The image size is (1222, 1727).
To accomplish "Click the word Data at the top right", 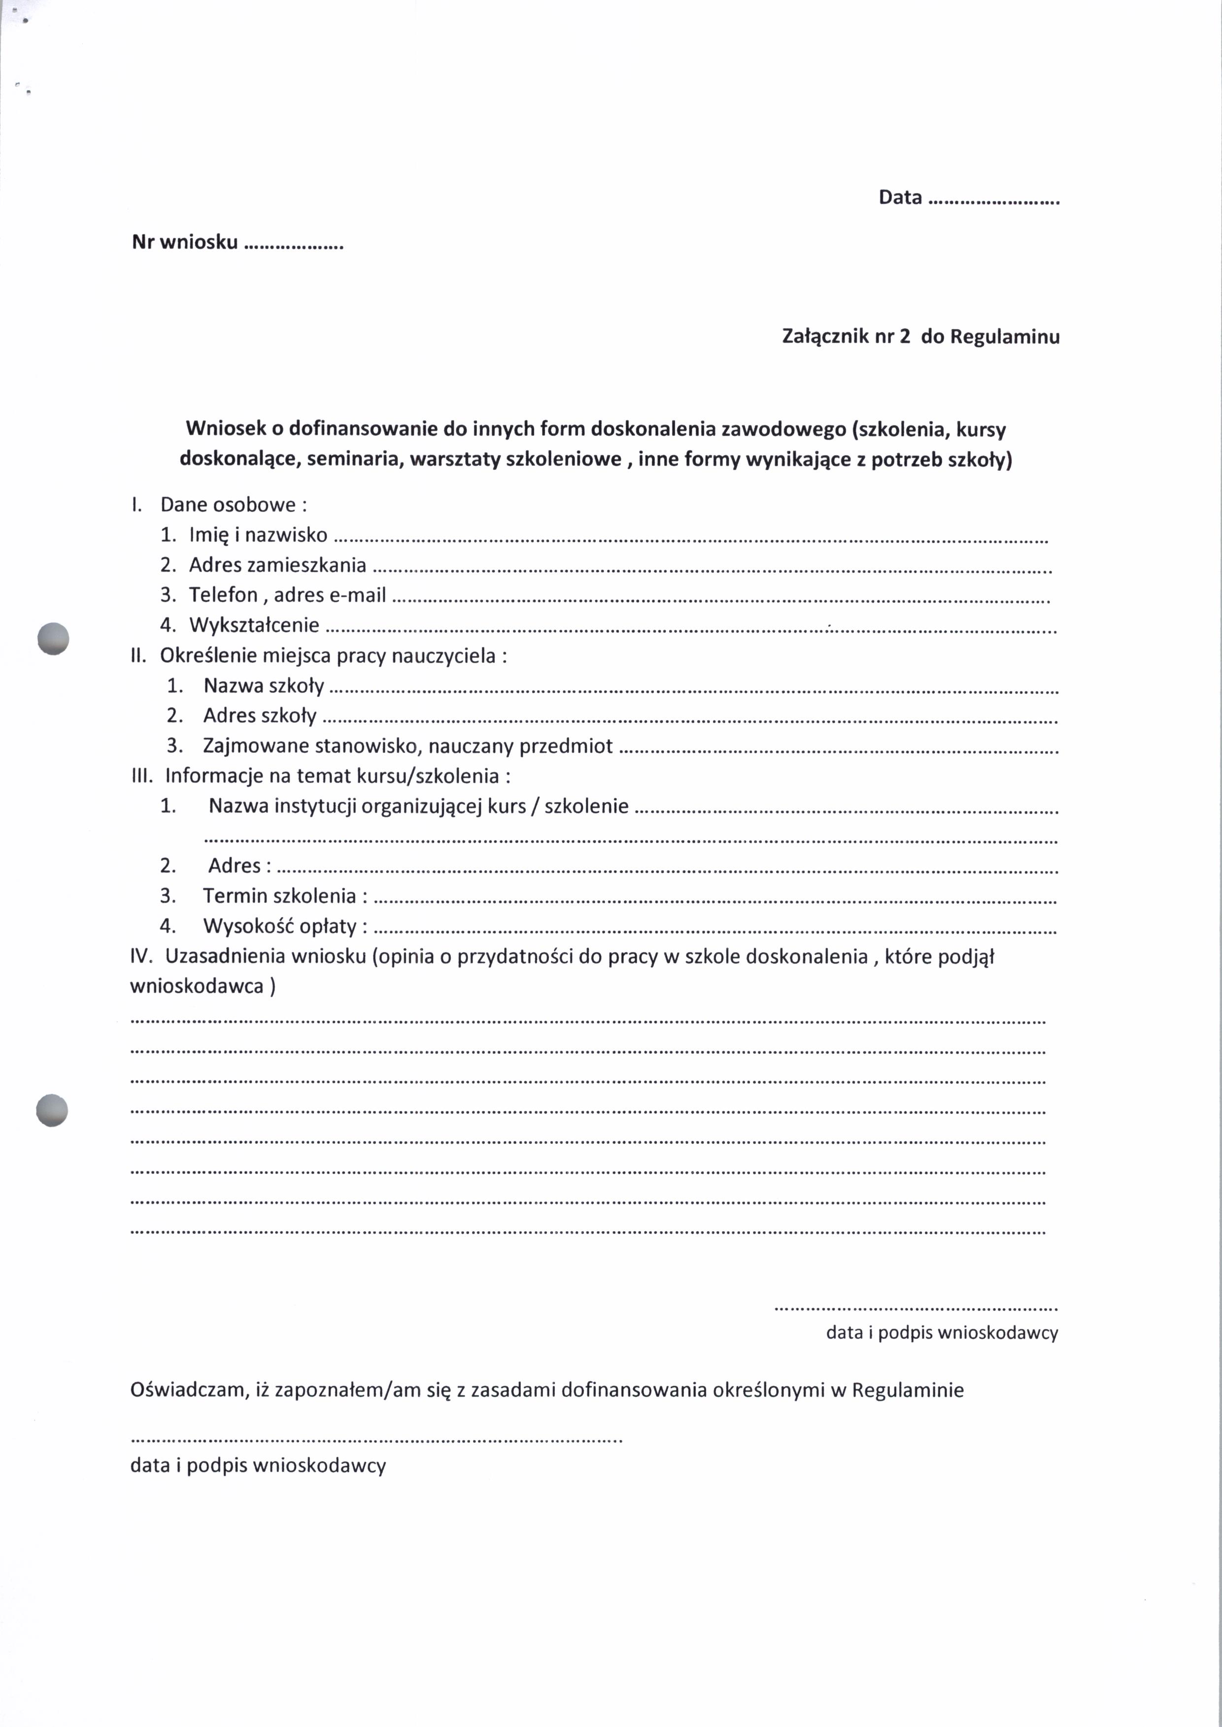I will point(900,197).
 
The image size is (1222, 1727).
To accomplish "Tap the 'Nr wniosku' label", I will point(185,242).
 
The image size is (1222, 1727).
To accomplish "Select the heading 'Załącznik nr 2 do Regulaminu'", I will point(920,336).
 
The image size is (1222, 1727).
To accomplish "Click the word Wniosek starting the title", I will point(225,429).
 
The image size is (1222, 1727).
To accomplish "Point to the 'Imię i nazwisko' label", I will point(258,535).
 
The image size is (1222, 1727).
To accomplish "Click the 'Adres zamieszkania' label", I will point(277,565).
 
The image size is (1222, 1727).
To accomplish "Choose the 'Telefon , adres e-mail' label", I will point(287,595).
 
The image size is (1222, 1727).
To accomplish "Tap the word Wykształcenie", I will point(254,625).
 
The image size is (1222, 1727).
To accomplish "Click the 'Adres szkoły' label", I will point(260,716).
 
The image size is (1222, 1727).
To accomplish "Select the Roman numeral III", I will point(141,776).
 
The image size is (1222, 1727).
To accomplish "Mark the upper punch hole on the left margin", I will point(53,639).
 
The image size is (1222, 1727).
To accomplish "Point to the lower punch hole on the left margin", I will point(52,1109).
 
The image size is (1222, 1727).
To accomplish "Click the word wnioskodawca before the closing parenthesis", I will point(197,986).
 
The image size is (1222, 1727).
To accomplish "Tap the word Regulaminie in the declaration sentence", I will point(908,1390).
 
